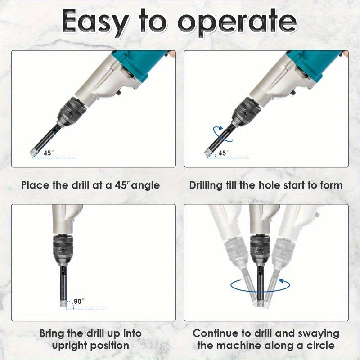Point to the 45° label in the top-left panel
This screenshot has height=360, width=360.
tap(49, 153)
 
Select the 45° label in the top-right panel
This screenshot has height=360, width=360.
tap(223, 153)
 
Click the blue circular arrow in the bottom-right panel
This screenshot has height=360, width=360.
tap(260, 285)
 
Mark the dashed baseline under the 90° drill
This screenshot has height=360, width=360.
tap(85, 309)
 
